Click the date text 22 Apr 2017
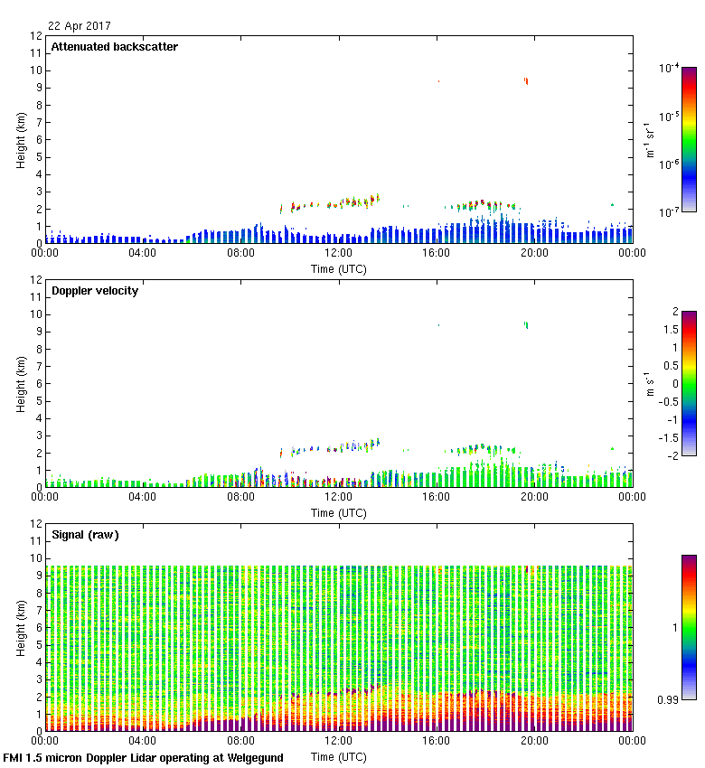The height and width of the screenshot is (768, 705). click(x=79, y=26)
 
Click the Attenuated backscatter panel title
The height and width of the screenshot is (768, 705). click(x=114, y=47)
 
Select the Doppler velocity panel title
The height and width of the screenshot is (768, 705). click(x=95, y=291)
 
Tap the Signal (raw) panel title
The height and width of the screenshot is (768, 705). click(x=85, y=535)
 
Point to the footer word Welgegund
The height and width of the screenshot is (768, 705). click(x=251, y=758)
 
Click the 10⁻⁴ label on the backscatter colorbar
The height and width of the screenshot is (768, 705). click(x=670, y=68)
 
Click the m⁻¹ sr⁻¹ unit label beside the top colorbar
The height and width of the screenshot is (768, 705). click(x=650, y=139)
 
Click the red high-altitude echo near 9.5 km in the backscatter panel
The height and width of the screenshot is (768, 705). click(x=526, y=81)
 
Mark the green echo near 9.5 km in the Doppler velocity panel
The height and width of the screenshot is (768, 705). click(x=526, y=324)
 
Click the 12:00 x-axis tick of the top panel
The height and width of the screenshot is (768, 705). click(x=338, y=253)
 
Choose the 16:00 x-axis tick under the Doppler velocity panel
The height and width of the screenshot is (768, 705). click(x=437, y=497)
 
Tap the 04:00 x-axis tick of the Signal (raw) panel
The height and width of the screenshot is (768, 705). click(x=143, y=741)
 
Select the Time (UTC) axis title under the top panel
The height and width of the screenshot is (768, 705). click(x=338, y=268)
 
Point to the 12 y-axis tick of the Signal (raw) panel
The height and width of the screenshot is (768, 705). click(x=37, y=524)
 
